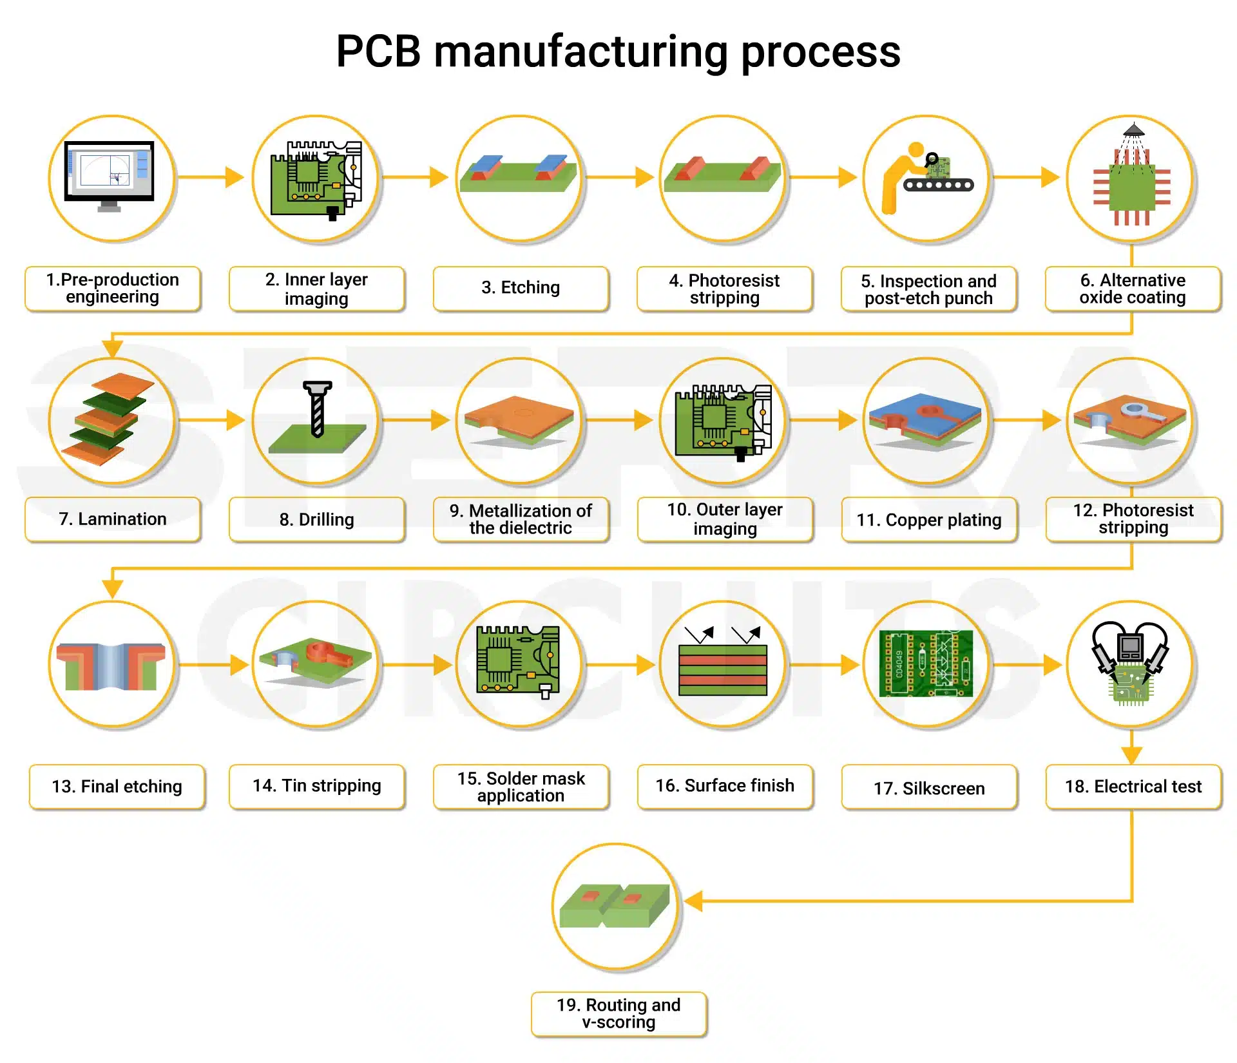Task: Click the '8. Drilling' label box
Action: click(x=316, y=519)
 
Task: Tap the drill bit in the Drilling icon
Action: click(x=317, y=409)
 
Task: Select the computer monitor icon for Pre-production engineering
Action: click(x=110, y=173)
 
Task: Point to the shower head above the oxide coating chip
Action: click(x=1133, y=130)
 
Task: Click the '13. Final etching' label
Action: click(x=117, y=787)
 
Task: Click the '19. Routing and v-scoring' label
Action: click(x=618, y=1013)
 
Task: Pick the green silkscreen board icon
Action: click(x=926, y=664)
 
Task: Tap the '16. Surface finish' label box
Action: click(x=725, y=786)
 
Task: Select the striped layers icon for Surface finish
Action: click(x=723, y=670)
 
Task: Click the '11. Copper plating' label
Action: click(x=928, y=520)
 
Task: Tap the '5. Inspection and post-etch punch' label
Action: click(x=928, y=289)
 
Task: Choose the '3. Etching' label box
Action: click(x=521, y=288)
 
